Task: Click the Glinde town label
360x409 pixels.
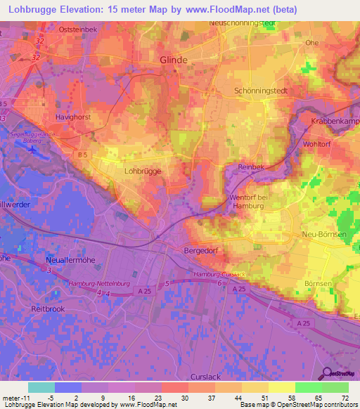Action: [x=174, y=60]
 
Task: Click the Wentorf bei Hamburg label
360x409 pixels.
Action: [x=250, y=202]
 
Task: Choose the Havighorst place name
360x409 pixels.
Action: [x=74, y=117]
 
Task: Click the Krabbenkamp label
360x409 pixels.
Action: [x=335, y=122]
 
